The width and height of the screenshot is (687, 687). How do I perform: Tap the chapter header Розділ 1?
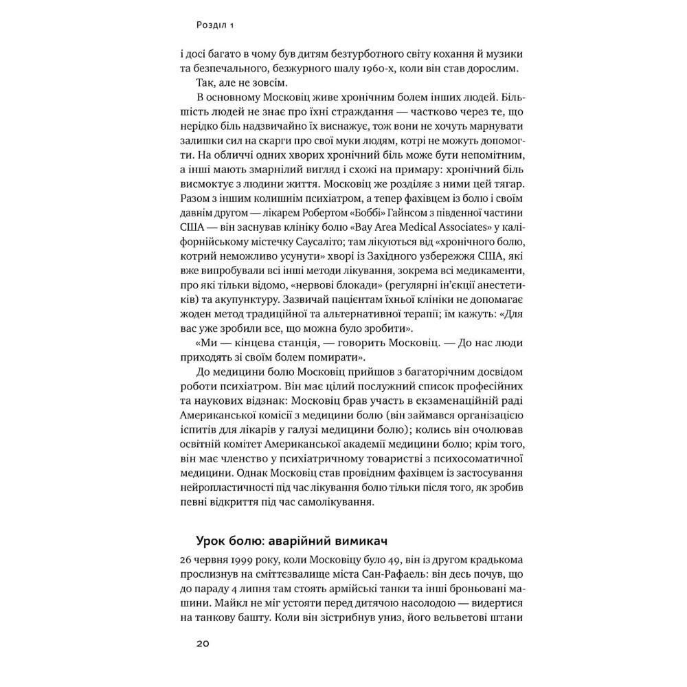[216, 26]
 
